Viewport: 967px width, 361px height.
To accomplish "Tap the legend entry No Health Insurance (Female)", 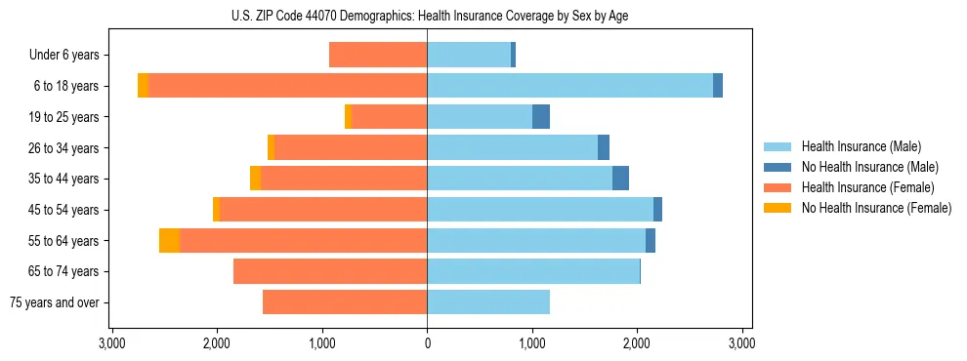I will (x=876, y=208).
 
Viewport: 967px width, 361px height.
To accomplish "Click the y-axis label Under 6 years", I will (x=63, y=56).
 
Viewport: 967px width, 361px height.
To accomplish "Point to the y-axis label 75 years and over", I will (x=54, y=302).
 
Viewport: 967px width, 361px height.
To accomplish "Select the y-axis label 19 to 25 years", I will (x=63, y=117).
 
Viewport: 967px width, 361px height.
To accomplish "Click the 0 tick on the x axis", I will (x=427, y=344).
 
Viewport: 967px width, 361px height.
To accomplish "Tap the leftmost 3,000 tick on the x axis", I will (x=112, y=344).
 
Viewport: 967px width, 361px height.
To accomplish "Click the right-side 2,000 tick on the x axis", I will (x=637, y=344).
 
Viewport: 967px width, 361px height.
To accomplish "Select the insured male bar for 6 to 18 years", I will (x=569, y=86).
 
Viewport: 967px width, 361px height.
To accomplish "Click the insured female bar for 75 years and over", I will (x=345, y=302).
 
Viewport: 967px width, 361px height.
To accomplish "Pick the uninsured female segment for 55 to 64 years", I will (x=169, y=240).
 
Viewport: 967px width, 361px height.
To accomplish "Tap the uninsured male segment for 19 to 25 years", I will (x=541, y=117).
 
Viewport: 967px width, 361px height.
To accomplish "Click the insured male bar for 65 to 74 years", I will (x=533, y=271).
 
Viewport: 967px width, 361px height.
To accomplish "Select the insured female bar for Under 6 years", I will (x=378, y=55).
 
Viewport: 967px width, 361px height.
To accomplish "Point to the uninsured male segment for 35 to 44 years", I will (x=620, y=179).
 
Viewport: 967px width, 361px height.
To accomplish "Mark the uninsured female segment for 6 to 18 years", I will (x=143, y=86).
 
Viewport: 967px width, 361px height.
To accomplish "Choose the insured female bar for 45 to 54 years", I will (x=323, y=210).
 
